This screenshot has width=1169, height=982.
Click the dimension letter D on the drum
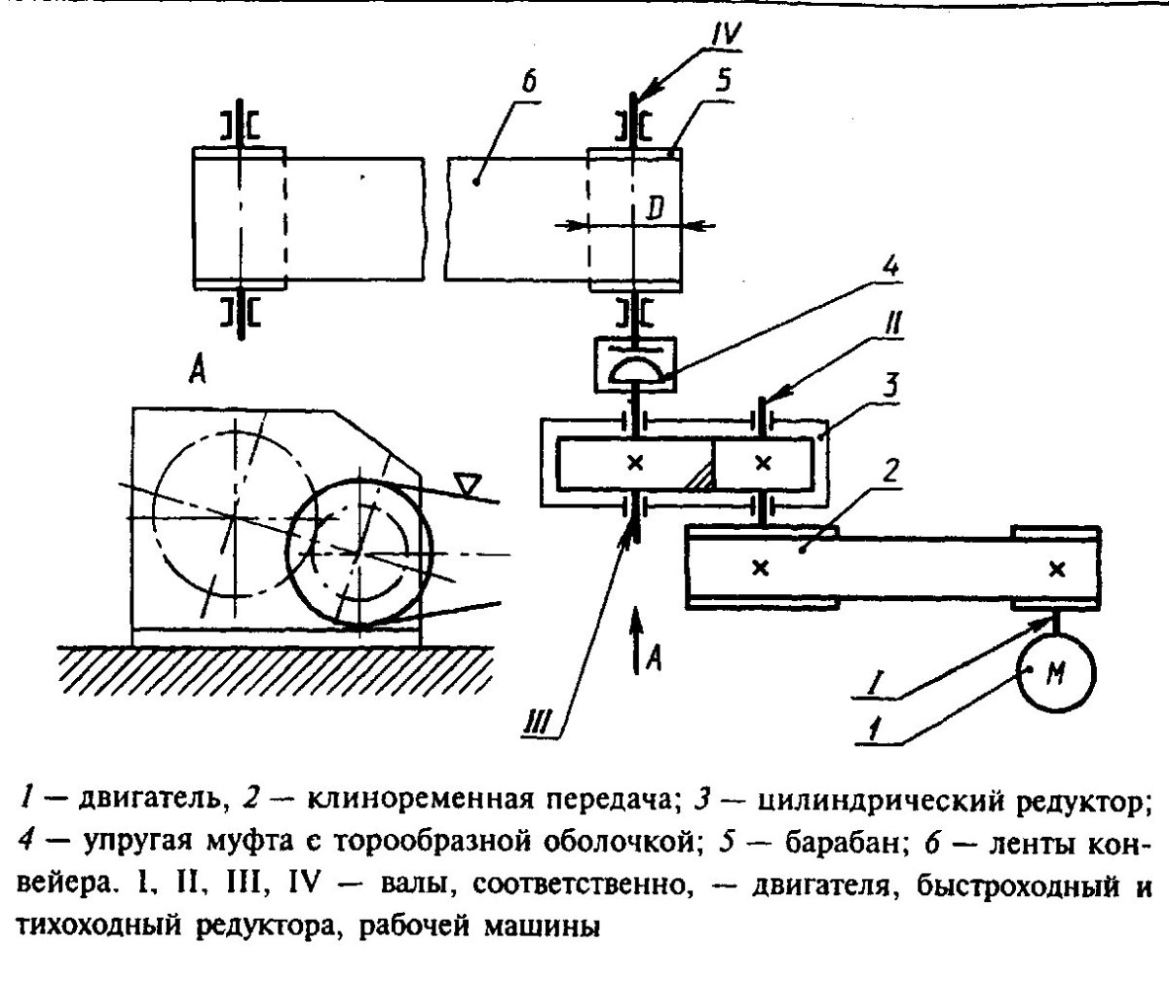pos(660,207)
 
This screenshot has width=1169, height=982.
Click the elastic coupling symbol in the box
pos(634,369)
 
